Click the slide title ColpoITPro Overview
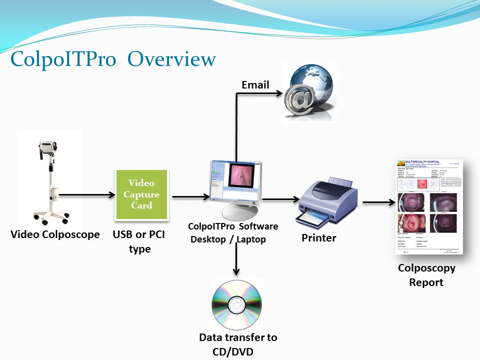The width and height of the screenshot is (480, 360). [x=113, y=59]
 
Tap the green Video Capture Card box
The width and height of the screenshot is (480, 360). [x=141, y=194]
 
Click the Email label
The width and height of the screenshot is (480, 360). [x=255, y=85]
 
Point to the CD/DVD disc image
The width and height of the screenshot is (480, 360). [x=236, y=304]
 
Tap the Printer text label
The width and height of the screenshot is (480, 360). [x=318, y=238]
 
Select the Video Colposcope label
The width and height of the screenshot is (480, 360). [x=55, y=234]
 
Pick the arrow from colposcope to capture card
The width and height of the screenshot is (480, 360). [x=87, y=195]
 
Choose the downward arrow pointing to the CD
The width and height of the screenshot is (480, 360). [x=236, y=260]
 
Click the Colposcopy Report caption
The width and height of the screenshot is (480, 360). [x=426, y=275]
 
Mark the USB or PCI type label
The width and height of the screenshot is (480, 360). [x=139, y=241]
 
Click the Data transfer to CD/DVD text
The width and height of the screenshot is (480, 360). [x=237, y=344]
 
